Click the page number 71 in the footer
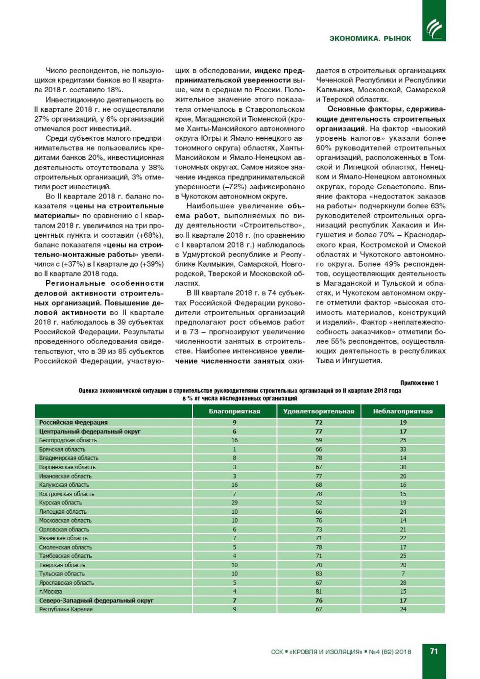[x=434, y=651]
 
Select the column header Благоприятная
[x=235, y=411]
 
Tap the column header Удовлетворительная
[x=319, y=411]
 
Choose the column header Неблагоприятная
[x=403, y=411]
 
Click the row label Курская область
[x=61, y=503]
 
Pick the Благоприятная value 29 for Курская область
[x=235, y=503]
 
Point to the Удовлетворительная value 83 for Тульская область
[x=319, y=574]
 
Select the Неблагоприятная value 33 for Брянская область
[x=403, y=449]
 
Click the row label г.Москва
[x=50, y=591]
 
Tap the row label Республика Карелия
[x=66, y=609]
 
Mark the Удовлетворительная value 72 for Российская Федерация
[x=319, y=422]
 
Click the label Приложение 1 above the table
[x=419, y=383]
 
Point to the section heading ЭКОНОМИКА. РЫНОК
[x=370, y=38]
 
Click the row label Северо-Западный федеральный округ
[x=96, y=601]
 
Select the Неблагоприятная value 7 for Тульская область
[x=403, y=574]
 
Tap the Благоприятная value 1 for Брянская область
[x=235, y=449]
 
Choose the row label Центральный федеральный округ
[x=90, y=431]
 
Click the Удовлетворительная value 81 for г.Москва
[x=319, y=591]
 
